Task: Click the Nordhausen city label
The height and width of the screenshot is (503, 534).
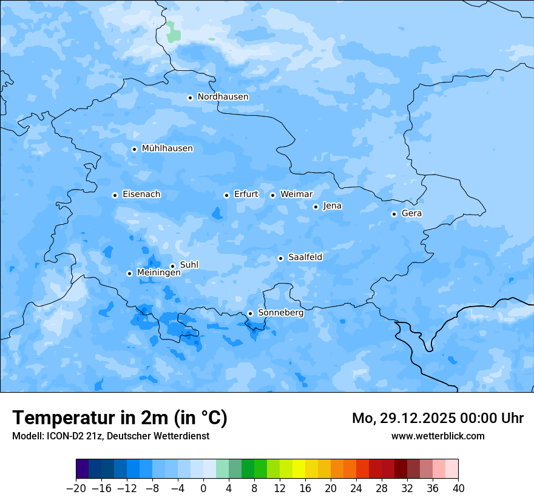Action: click(x=223, y=97)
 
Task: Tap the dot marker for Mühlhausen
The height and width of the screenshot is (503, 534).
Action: click(x=134, y=149)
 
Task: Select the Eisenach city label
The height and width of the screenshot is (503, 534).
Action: click(x=141, y=195)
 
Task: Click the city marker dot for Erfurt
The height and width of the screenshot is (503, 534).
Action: click(x=226, y=195)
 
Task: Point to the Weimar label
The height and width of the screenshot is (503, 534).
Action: click(x=296, y=195)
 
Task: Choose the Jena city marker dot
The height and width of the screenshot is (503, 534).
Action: click(x=316, y=207)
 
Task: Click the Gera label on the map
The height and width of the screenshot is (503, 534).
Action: click(x=411, y=213)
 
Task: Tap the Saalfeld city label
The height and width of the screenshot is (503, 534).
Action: click(x=305, y=258)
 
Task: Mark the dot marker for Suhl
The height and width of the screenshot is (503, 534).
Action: click(x=172, y=266)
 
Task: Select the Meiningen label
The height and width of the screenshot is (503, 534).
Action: click(x=158, y=273)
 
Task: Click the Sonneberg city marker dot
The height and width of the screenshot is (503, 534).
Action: click(x=250, y=314)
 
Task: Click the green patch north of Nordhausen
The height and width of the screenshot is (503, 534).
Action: click(x=173, y=32)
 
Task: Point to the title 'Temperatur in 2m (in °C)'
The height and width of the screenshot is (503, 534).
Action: click(x=120, y=418)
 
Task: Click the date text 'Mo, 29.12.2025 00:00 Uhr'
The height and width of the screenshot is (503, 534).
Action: click(x=438, y=418)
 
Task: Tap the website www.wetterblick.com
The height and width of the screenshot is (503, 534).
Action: click(x=438, y=436)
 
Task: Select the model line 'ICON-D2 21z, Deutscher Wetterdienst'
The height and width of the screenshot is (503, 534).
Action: click(x=110, y=436)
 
